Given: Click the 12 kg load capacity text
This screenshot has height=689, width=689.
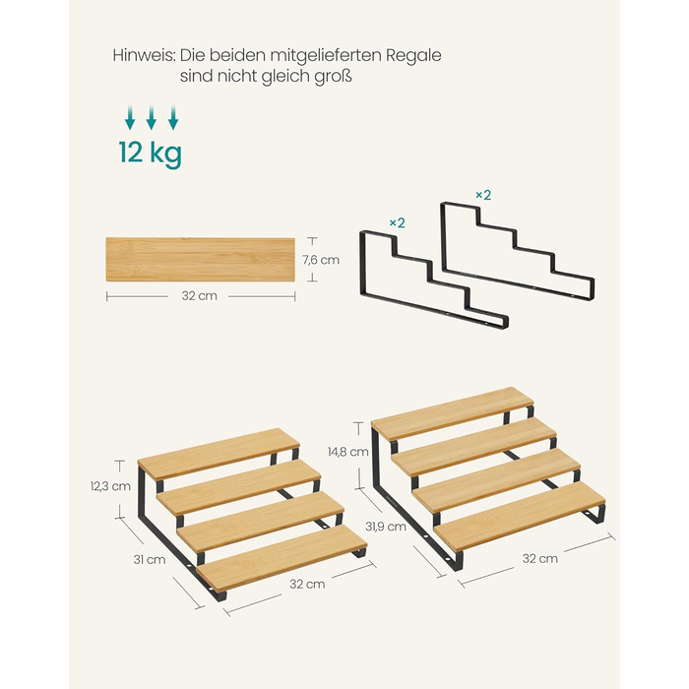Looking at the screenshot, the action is [151, 153].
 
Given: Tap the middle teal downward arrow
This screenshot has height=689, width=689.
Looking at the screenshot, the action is [152, 118].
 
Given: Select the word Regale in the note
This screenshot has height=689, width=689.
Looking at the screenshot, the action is [413, 57].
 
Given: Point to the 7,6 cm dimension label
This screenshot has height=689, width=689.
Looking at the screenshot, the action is [321, 260].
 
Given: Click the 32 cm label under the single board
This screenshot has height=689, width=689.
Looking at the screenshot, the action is [200, 295].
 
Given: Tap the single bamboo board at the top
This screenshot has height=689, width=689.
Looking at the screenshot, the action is [201, 259].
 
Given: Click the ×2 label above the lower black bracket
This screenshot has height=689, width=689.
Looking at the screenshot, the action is [398, 223].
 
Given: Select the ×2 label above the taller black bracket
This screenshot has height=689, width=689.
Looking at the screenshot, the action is [483, 195].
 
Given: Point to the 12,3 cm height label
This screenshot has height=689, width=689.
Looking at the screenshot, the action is [110, 486].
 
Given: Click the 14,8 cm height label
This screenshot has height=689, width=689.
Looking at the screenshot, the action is [348, 452].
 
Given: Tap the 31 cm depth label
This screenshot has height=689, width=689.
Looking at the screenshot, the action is [150, 560].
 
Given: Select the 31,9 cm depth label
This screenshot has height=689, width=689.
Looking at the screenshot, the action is [386, 527].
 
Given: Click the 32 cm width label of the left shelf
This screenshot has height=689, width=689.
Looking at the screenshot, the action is [307, 585].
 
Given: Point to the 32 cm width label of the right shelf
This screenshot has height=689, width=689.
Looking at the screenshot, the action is [540, 559].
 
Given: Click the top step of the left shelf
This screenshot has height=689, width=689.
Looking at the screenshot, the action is [219, 454].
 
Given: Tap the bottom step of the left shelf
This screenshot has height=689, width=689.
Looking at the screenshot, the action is [282, 558].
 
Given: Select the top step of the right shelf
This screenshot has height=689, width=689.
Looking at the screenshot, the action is [452, 413].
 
